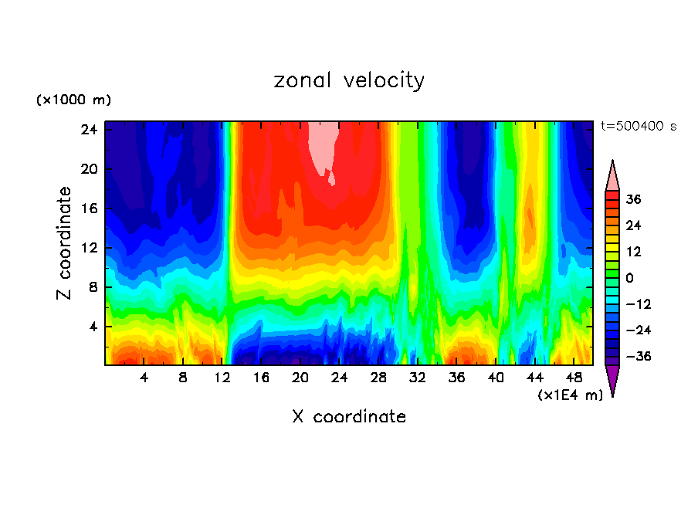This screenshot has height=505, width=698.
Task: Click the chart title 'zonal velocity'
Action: pos(349,80)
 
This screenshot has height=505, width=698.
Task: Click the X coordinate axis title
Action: pos(349,417)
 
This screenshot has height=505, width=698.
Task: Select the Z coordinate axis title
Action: pos(65,243)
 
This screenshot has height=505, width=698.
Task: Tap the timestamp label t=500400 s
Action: pos(639,126)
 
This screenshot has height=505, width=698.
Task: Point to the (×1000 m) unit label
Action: pos(73,100)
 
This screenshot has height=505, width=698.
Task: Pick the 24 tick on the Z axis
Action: pos(89,129)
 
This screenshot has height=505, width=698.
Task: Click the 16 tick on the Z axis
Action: pos(89,208)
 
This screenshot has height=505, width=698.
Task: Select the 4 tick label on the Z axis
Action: pos(93,327)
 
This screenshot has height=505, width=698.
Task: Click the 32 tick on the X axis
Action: pos(418,378)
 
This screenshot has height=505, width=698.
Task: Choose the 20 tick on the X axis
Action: pos(300,378)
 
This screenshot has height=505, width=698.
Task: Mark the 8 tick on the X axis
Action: pos(183,378)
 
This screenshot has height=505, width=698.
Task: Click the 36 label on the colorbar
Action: pos(633,199)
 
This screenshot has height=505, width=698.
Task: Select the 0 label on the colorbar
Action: pos(629,278)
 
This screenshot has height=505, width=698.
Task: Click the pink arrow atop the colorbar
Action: pos(612,176)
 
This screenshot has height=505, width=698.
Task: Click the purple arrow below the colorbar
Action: pos(612,379)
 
